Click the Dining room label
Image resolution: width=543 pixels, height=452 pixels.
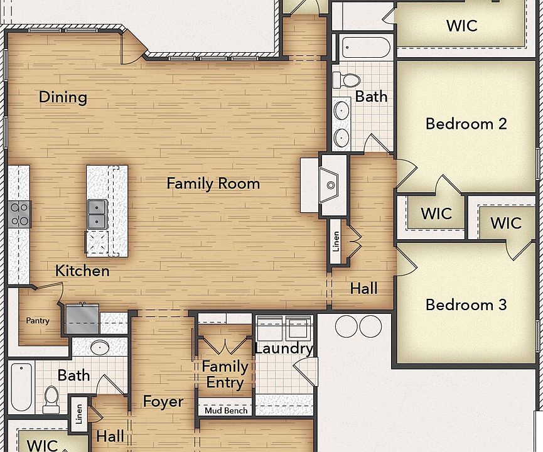tap(63, 97)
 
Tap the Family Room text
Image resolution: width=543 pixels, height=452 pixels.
tap(213, 183)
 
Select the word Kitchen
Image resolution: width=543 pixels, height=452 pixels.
tap(82, 271)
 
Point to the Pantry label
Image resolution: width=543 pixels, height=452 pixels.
tap(37, 321)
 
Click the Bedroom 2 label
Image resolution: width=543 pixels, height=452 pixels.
tap(466, 123)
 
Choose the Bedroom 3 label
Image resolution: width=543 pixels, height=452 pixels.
tap(466, 304)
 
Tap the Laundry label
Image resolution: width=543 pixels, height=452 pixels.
tap(284, 348)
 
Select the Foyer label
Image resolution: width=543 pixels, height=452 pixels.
tap(163, 401)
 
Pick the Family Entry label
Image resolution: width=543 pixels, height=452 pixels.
tap(225, 374)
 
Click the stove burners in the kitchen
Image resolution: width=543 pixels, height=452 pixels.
tap(19, 214)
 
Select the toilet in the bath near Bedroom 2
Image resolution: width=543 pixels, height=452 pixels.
tap(347, 80)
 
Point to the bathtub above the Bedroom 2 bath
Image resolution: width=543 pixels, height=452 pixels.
tap(365, 47)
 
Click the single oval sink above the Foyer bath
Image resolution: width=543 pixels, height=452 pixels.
tap(100, 347)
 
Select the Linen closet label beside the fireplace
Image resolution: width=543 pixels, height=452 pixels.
tap(336, 241)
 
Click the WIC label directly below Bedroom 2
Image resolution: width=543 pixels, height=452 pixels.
tap(436, 213)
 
